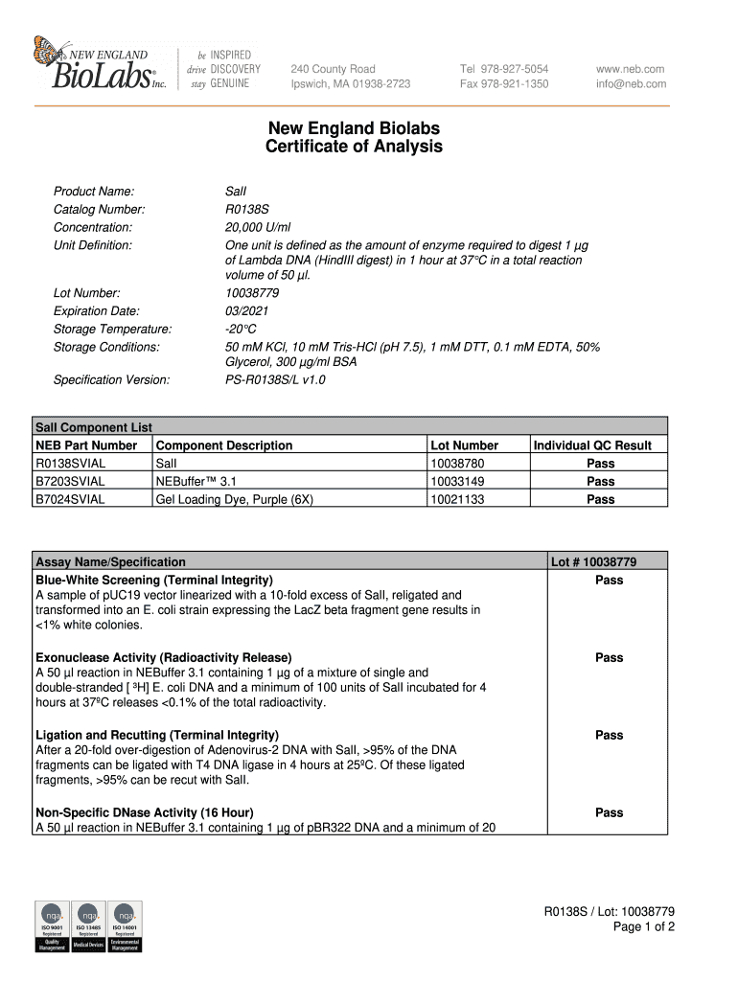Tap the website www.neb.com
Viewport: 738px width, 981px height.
pos(630,69)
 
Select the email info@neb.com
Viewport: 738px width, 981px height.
pos(631,84)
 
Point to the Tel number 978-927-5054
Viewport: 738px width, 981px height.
pos(504,69)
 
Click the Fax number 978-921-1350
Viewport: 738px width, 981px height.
pos(504,84)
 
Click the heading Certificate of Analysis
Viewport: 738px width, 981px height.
pos(354,148)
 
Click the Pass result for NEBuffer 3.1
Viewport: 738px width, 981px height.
pos(600,482)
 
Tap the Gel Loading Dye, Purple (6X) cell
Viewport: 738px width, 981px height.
pos(234,500)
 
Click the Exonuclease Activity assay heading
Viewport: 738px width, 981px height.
pos(164,658)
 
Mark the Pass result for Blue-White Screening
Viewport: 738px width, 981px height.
pos(609,581)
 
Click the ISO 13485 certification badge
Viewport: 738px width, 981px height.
pos(87,926)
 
